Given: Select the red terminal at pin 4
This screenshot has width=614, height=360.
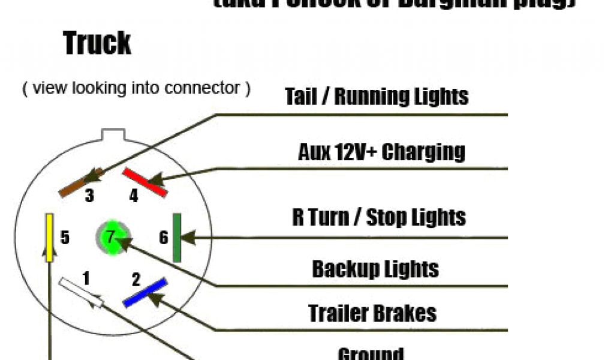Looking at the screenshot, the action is click(145, 181).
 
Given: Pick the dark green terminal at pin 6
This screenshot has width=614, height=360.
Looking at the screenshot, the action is click(177, 238).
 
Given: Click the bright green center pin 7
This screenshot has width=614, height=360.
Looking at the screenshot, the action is click(111, 236).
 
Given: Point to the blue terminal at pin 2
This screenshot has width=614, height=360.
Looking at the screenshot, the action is click(145, 293).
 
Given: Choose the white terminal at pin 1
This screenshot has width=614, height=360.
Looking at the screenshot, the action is click(81, 292).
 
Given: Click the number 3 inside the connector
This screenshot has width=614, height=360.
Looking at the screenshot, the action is click(89, 196).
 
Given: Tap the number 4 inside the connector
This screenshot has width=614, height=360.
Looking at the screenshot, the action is click(134, 196).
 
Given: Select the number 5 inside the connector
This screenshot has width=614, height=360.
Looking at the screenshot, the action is click(65, 238).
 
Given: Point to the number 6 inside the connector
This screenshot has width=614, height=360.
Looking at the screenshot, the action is click(163, 238).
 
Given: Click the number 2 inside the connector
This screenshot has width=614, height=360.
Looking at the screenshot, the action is click(136, 279).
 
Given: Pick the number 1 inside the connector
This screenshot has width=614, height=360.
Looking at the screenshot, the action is click(86, 278).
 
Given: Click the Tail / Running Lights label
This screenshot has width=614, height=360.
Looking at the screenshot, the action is click(376, 96).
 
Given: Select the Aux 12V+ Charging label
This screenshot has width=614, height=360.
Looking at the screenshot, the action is click(381, 152).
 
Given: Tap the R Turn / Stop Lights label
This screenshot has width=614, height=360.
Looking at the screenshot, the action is click(379, 217).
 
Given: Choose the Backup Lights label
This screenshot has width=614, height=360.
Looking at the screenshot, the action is click(375, 269).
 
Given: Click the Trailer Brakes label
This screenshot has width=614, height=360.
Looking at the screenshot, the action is click(372, 313).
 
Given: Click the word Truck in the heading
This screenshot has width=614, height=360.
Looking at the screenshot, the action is click(97, 44).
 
